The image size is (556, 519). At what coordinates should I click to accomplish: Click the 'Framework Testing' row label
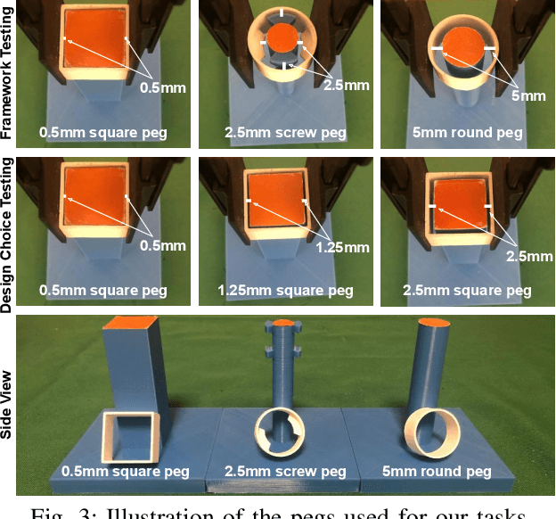8,75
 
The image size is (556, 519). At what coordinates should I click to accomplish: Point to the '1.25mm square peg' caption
285,291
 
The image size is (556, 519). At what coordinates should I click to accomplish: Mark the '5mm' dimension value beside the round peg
527,95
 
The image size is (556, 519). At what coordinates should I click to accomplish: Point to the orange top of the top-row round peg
461,45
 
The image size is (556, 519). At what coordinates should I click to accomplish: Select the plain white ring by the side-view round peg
430,431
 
